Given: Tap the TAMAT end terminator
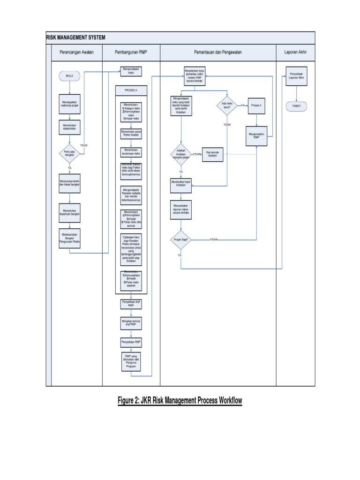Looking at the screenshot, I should [x=296, y=106].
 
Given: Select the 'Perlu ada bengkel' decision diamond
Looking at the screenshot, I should [x=69, y=154].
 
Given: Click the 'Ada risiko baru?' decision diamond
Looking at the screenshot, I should [x=227, y=105].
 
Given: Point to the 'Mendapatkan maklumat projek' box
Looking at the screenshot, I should [x=69, y=103].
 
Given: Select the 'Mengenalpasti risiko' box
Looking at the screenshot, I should [x=131, y=71].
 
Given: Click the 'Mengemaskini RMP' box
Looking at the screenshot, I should [x=257, y=136].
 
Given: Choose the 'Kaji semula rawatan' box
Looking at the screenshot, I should [x=212, y=154].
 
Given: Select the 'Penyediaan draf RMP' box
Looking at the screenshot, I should [x=131, y=304].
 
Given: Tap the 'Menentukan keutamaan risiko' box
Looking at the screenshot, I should [x=131, y=152].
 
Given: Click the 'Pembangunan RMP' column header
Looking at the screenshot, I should [x=131, y=52].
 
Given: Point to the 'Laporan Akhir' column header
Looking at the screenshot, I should [x=295, y=52].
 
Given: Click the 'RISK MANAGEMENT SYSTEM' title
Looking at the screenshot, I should [x=75, y=37].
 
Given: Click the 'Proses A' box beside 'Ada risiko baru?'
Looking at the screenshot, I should [x=256, y=106].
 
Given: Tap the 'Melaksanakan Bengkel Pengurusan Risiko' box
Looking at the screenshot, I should [x=69, y=239].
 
